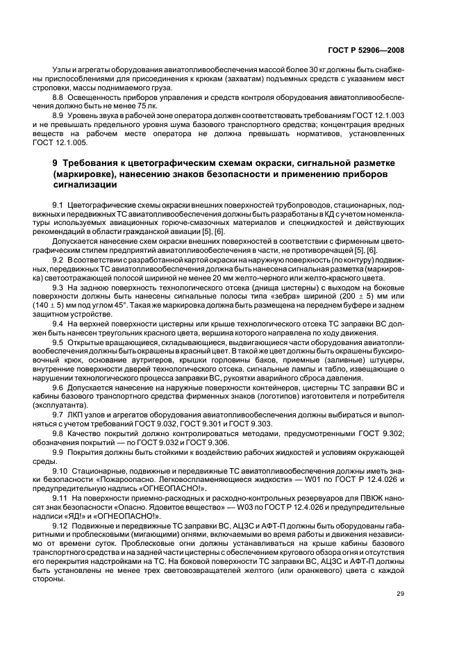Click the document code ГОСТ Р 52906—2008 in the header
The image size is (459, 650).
[366, 51]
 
